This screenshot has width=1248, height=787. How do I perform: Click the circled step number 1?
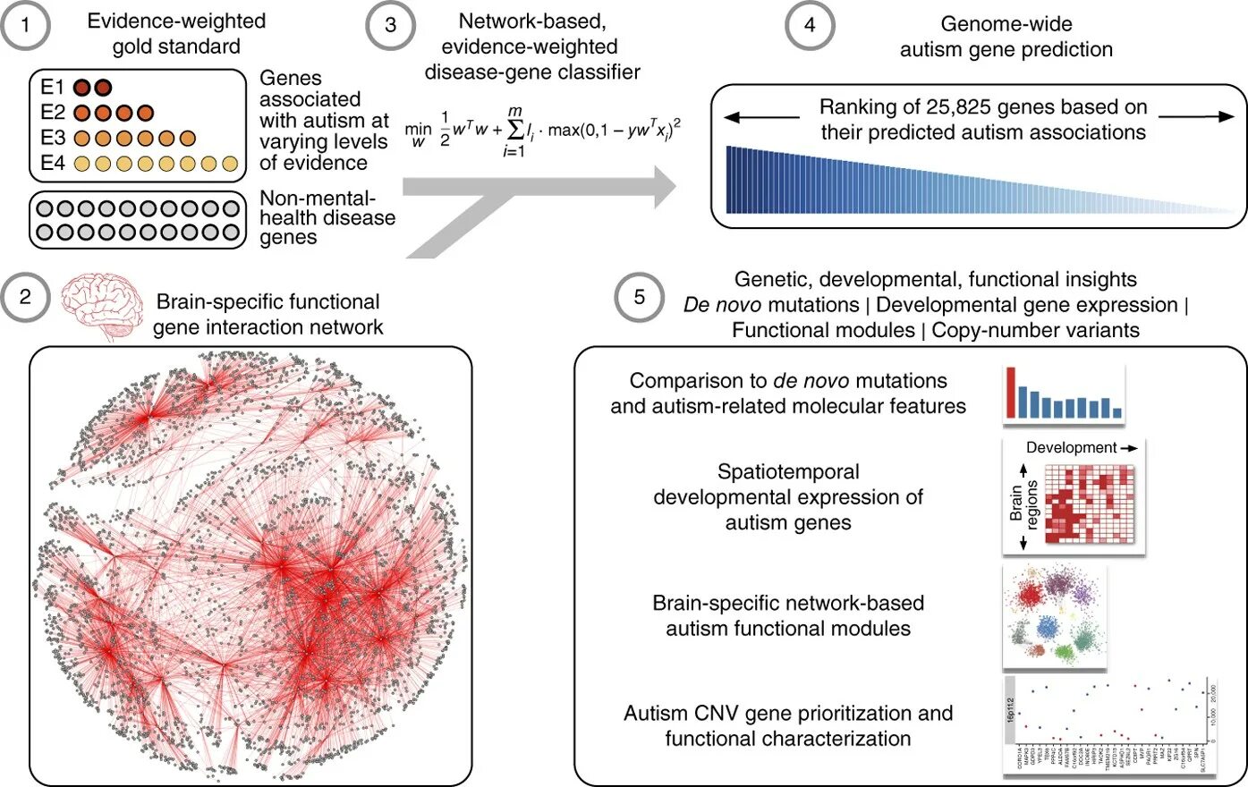(x=25, y=26)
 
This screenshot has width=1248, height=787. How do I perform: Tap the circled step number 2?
(x=25, y=297)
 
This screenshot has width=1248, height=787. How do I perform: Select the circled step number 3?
(x=391, y=26)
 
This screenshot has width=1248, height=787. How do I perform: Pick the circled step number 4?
(x=810, y=26)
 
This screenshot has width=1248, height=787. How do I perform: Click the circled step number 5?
(x=639, y=297)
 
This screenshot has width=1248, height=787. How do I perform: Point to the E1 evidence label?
(x=53, y=88)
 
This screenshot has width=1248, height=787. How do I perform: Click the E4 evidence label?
(x=53, y=164)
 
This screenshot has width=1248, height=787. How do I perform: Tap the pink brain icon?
(x=102, y=307)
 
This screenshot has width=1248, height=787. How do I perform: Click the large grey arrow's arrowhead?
(x=662, y=187)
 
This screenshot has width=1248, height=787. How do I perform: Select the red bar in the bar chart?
(x=1011, y=392)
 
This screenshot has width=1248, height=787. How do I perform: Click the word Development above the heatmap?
(x=1071, y=448)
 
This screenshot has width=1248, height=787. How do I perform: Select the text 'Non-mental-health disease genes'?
(x=327, y=217)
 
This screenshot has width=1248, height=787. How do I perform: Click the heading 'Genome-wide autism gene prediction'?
(x=1006, y=37)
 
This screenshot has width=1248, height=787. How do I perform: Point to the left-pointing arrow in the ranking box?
(x=760, y=117)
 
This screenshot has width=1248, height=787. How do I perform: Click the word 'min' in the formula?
(x=418, y=129)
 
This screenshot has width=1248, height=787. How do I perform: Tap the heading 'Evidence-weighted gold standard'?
(x=176, y=33)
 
